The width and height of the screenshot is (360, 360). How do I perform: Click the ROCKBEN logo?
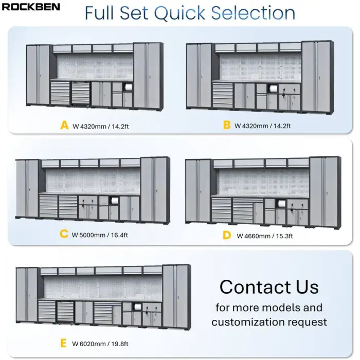coord(31,7)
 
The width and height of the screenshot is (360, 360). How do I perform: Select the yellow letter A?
coord(64,125)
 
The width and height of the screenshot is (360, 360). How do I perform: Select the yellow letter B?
coord(227,125)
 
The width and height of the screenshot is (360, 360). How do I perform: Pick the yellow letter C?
coord(64,234)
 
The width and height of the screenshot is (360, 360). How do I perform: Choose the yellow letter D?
coord(227,235)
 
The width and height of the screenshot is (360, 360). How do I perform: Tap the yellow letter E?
coord(64,343)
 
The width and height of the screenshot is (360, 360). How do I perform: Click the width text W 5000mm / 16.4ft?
coord(100,235)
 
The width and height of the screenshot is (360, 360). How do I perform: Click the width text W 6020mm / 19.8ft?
coord(100,344)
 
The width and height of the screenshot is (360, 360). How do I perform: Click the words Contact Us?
coord(269,286)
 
